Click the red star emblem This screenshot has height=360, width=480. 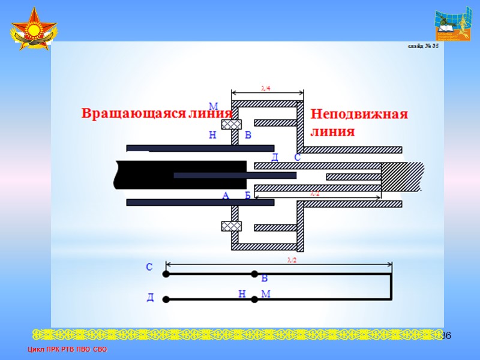[x=33, y=31]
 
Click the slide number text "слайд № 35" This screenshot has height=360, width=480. [x=423, y=46]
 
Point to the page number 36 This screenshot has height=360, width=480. [x=446, y=334]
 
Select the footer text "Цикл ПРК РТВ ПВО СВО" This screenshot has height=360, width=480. [x=67, y=349]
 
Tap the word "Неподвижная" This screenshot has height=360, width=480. [x=359, y=114]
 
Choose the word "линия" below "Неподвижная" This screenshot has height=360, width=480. [x=332, y=131]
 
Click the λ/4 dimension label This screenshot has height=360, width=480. [x=266, y=88]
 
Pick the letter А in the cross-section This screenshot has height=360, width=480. [x=226, y=196]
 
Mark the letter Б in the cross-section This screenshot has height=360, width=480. [x=247, y=196]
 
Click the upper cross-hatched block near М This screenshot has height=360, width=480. [x=231, y=124]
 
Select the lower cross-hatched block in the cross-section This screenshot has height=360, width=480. [x=231, y=226]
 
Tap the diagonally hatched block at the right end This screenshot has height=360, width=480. [x=401, y=176]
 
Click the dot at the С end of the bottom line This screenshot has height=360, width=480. [x=166, y=274]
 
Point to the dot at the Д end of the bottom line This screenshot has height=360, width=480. [x=166, y=299]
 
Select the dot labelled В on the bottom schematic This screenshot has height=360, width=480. [x=254, y=274]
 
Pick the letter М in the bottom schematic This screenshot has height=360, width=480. [x=266, y=294]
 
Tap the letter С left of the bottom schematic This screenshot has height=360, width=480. [x=149, y=268]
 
